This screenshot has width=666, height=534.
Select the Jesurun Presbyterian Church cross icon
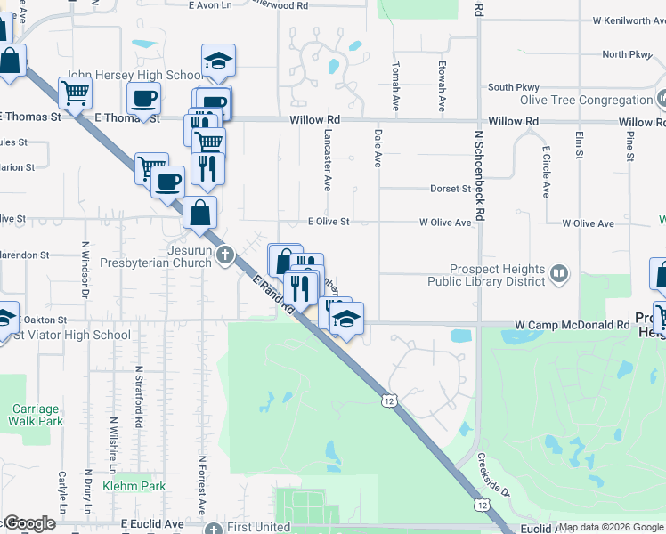click(x=226, y=256)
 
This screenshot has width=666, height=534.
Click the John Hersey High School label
click(x=134, y=76)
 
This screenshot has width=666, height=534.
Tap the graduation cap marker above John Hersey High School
click(x=217, y=61)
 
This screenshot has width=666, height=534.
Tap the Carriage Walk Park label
click(x=36, y=415)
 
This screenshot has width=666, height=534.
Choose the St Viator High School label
click(x=73, y=336)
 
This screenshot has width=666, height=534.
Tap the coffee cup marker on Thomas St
click(x=143, y=98)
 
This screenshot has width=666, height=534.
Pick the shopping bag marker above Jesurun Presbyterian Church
click(x=199, y=212)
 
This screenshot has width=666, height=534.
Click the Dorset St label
click(x=450, y=189)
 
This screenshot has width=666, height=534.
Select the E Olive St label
click(x=329, y=222)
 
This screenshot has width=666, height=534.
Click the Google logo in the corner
click(x=28, y=523)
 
